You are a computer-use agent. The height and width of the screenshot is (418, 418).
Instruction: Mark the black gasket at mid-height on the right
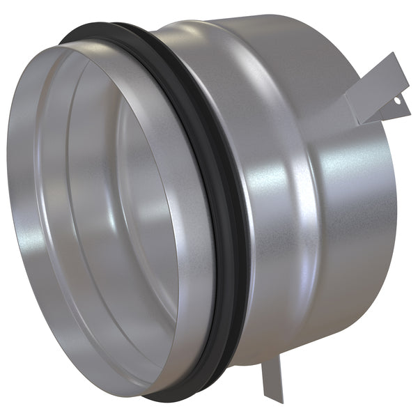238,230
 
